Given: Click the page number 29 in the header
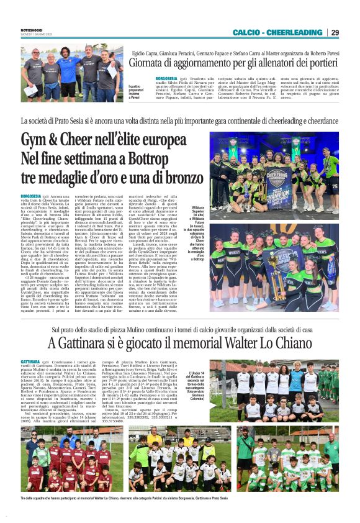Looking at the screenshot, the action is [x=335, y=32].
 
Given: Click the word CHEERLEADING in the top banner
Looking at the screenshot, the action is [x=293, y=32].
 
